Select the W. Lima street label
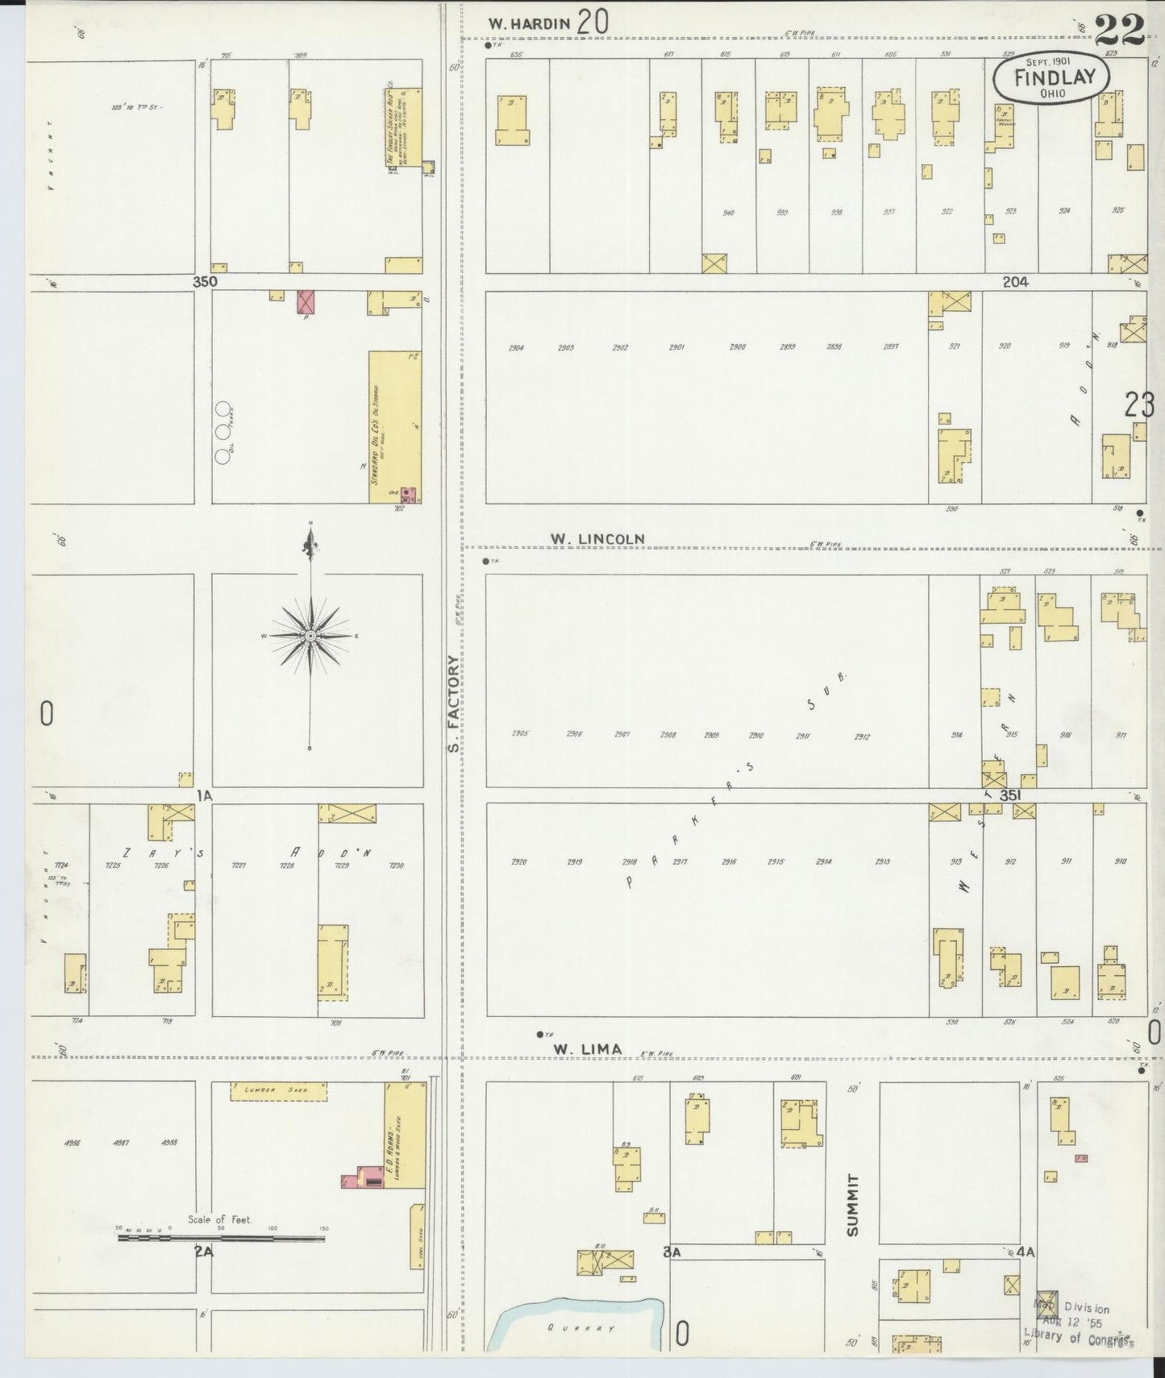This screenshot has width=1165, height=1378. click(x=588, y=1048)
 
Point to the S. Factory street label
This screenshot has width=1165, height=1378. click(x=454, y=704)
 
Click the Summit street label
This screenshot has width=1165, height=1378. click(x=854, y=1205)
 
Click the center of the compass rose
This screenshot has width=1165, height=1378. click(x=310, y=636)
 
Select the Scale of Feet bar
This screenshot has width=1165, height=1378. click(x=221, y=1235)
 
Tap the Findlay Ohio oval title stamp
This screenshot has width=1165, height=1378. click(x=1051, y=78)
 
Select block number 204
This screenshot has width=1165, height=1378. click(x=1015, y=282)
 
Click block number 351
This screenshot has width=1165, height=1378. click(x=1011, y=795)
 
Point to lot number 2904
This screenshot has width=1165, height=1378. click(x=517, y=348)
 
